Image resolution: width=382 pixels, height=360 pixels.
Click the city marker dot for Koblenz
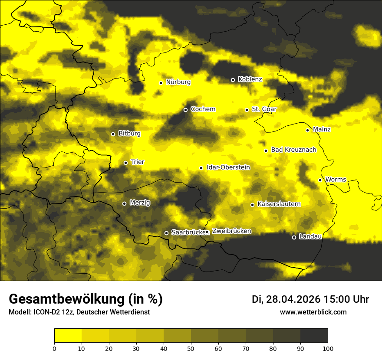(233, 80)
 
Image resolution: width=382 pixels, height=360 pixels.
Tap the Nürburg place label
(178, 82)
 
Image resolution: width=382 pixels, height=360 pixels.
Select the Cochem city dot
(185, 110)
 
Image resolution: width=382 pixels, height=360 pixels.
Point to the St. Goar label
(264, 109)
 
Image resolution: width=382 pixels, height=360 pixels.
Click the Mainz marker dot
(307, 130)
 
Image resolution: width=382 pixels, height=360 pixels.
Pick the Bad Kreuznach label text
(293, 150)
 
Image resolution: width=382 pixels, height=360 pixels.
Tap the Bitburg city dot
(113, 134)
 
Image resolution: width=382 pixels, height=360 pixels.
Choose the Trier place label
(138, 162)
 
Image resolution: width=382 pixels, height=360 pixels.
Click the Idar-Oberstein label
(228, 167)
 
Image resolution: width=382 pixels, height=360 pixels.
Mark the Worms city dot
(320, 180)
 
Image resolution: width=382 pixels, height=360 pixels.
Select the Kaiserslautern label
(279, 204)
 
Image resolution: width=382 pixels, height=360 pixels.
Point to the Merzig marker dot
(124, 203)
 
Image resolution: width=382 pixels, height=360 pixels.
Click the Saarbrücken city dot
(166, 233)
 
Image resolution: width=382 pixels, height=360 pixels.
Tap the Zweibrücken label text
(231, 231)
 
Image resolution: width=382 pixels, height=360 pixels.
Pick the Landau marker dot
(294, 237)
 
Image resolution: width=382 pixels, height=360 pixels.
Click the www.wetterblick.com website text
(313, 312)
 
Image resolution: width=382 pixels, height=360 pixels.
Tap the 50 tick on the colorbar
(191, 348)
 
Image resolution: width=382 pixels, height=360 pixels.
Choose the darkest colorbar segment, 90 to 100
(314, 336)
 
